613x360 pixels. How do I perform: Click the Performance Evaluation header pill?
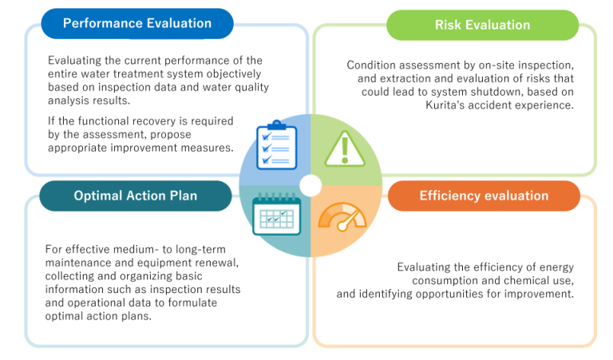[137, 23]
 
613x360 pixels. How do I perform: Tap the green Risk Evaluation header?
[482, 25]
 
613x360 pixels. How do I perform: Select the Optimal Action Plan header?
[135, 196]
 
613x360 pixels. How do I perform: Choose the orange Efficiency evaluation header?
[484, 196]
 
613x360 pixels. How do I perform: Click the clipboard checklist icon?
[276, 145]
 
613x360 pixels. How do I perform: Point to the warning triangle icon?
[345, 149]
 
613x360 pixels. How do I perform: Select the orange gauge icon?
[342, 217]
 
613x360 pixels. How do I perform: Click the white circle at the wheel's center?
[310, 186]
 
